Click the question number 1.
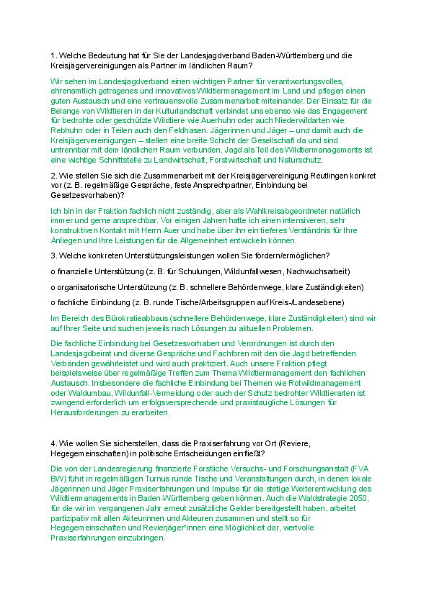pyautogui.click(x=53, y=55)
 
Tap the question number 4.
pyautogui.click(x=53, y=443)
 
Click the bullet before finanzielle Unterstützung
pyautogui.click(x=53, y=271)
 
